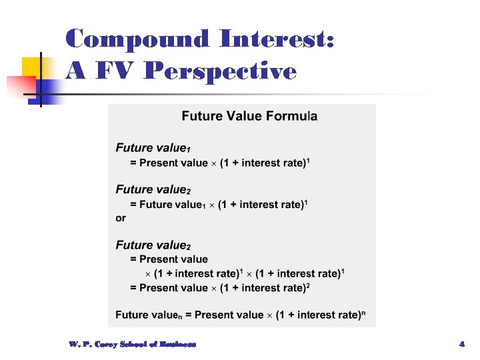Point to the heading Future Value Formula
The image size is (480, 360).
pyautogui.click(x=249, y=117)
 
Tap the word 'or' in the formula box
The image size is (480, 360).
pyautogui.click(x=121, y=218)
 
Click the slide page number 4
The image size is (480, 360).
pyautogui.click(x=461, y=344)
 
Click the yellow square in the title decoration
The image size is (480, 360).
pyautogui.click(x=33, y=67)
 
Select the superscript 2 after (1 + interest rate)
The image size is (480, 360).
pyautogui.click(x=308, y=285)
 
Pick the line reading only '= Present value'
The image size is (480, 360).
pyautogui.click(x=169, y=259)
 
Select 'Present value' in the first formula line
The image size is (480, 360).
pyautogui.click(x=173, y=163)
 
